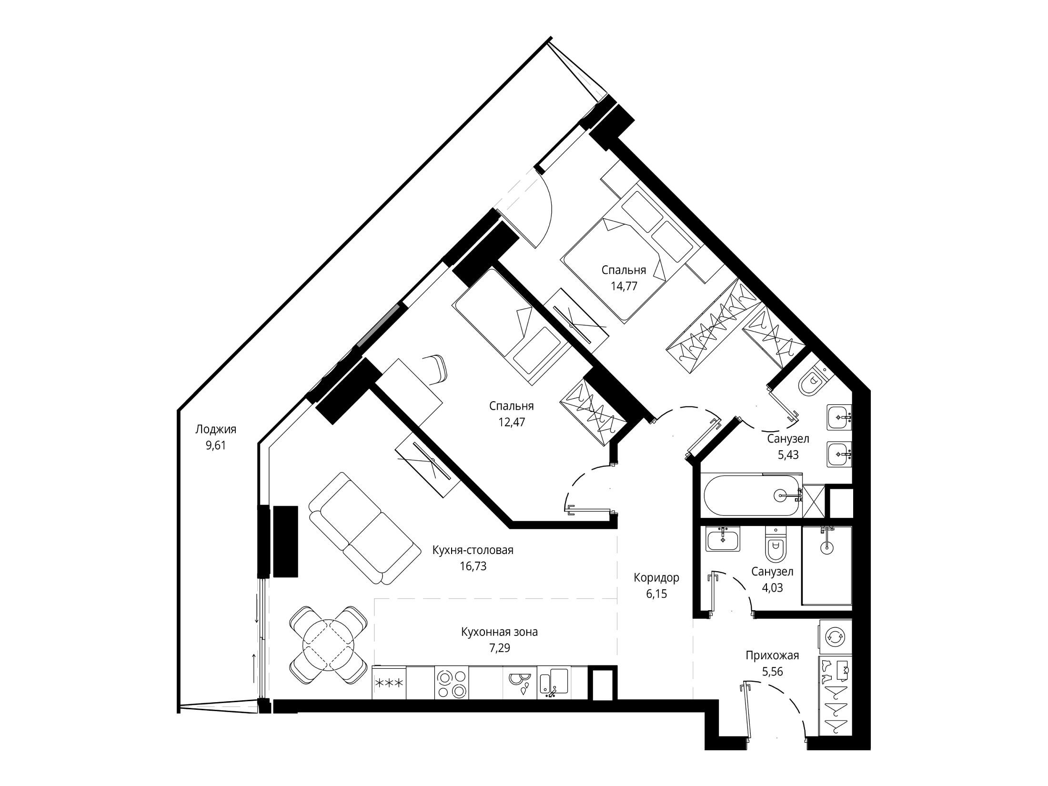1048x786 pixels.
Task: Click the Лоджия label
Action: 216,430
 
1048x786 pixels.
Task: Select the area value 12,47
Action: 512,422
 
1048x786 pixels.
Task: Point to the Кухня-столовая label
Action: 473,550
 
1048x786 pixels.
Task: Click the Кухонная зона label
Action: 499,632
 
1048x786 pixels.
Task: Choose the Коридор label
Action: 656,578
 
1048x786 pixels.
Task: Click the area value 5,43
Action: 788,455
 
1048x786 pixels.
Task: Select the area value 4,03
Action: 772,588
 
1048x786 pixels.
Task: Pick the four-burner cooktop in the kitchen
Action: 452,682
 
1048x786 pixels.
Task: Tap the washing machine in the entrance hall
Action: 835,636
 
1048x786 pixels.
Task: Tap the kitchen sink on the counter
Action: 554,682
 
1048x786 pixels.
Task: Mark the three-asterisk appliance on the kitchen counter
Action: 389,683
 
